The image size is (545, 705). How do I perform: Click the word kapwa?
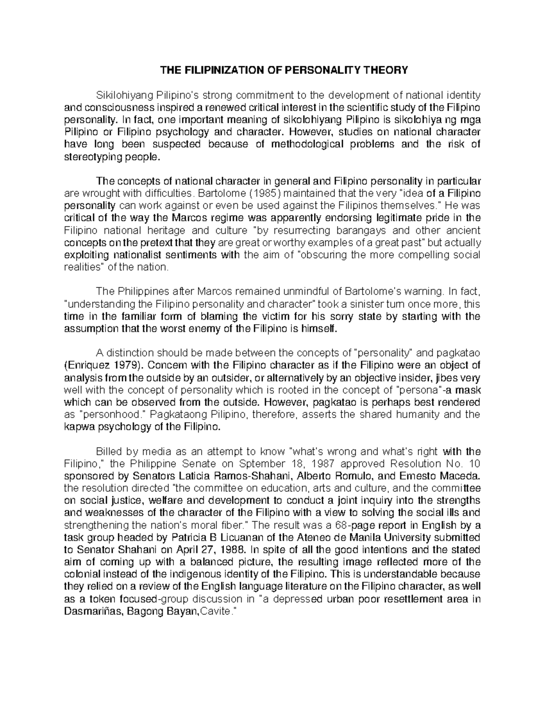(x=78, y=427)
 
